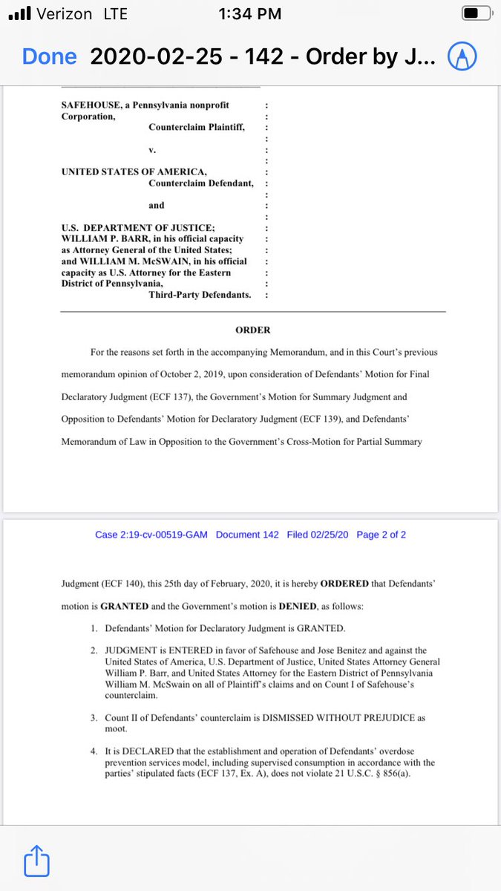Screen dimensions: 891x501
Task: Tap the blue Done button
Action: pos(49,56)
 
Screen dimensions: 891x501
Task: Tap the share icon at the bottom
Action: pos(36,862)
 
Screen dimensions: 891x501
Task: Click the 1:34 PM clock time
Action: pos(250,14)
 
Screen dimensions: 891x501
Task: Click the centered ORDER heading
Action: pos(252,330)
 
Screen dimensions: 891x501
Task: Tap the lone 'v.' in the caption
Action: pos(152,149)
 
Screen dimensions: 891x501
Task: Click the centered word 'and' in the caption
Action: pos(156,205)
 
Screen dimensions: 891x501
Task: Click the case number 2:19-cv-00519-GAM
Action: pos(151,535)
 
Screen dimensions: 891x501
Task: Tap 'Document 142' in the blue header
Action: pos(247,535)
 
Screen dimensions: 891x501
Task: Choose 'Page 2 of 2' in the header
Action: pos(381,535)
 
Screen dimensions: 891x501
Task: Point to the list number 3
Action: pos(94,718)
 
